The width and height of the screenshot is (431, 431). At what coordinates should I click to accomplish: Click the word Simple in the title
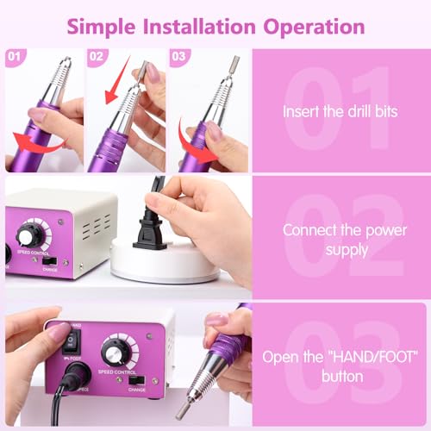pos(101,28)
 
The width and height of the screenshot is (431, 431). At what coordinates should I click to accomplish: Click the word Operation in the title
pos(314,28)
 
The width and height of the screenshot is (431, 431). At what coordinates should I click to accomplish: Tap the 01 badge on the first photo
pos(15,57)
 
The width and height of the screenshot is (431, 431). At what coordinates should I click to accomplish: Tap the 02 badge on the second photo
pos(97,57)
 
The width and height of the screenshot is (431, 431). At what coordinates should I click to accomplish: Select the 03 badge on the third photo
pos(179,57)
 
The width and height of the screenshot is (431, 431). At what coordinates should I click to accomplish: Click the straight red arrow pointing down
pos(117,80)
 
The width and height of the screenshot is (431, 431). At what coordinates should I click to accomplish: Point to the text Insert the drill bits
pos(340,111)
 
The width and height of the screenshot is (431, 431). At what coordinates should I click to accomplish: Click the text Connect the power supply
pos(345,240)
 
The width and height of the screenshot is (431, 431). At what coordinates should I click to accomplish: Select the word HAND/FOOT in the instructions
pos(372,357)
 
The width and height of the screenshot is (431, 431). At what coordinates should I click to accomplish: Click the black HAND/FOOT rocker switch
pos(71,341)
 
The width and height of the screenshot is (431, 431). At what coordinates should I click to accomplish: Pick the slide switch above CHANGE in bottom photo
pos(137,380)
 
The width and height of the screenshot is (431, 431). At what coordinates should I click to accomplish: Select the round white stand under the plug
pos(166,261)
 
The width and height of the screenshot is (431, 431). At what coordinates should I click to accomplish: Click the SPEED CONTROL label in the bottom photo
pos(117,372)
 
